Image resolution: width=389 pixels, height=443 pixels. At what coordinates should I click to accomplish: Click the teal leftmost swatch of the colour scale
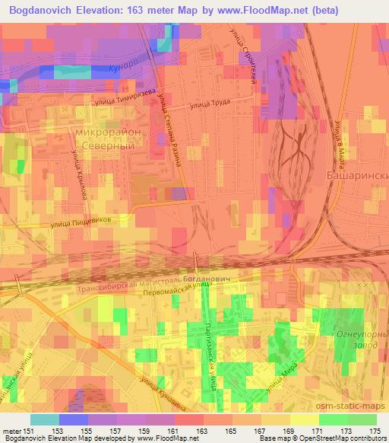45,419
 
